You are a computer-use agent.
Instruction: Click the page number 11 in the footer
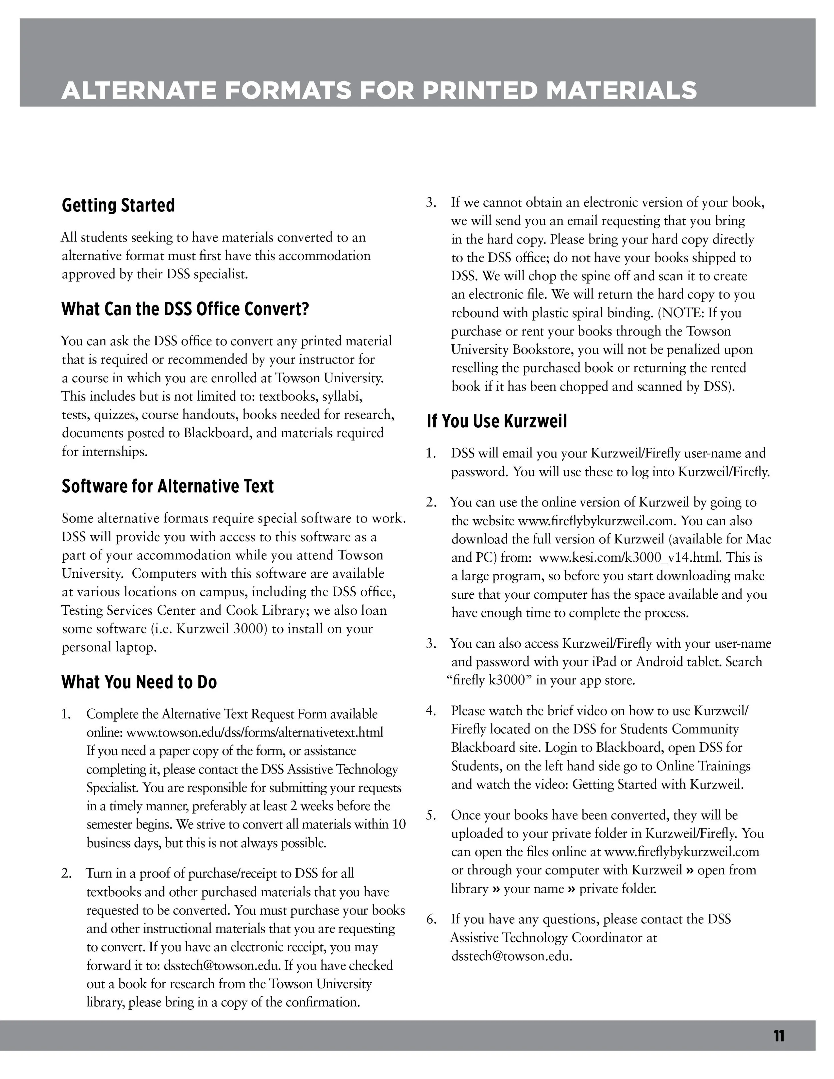tap(779, 1036)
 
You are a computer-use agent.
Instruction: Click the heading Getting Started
tap(118, 205)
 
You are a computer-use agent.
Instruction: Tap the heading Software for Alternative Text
tap(167, 486)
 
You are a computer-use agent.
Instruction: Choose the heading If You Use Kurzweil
tap(496, 421)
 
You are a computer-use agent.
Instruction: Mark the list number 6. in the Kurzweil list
tap(431, 920)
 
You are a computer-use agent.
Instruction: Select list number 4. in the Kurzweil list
tap(431, 711)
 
